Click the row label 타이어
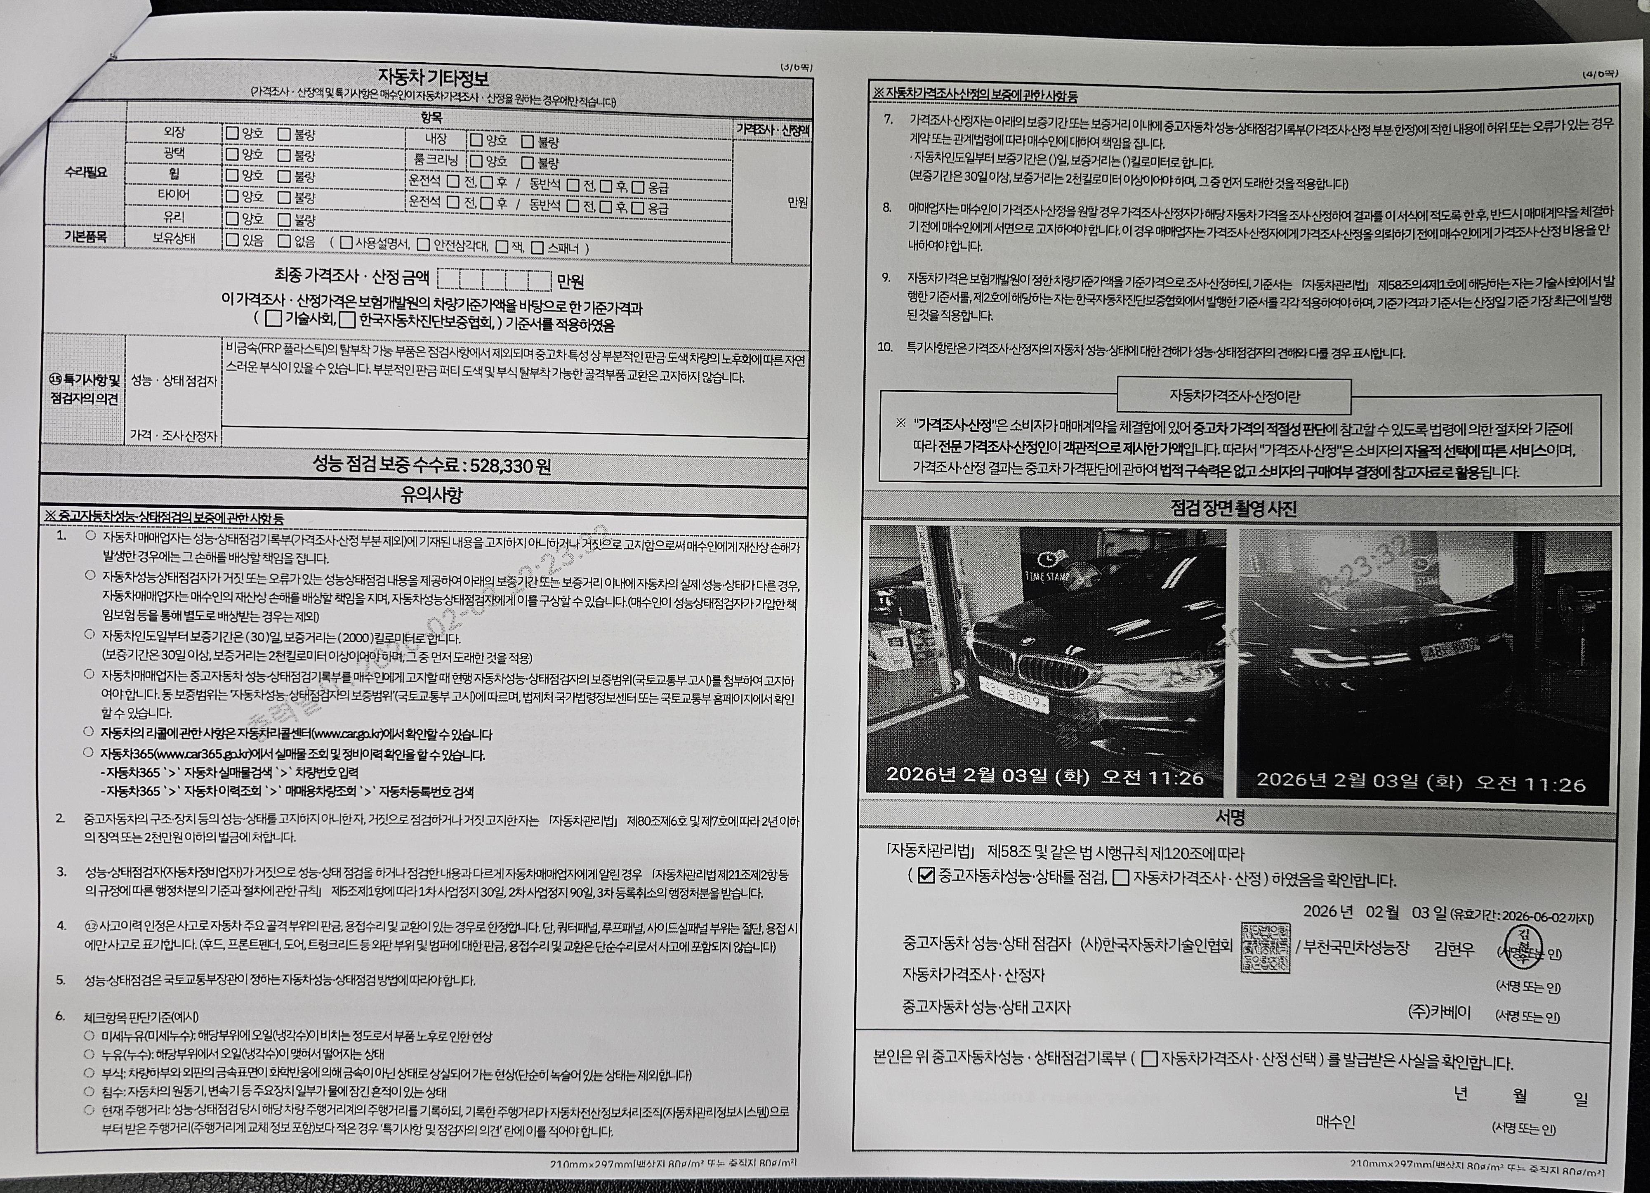173,195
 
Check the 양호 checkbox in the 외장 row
232,133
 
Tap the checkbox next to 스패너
537,248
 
